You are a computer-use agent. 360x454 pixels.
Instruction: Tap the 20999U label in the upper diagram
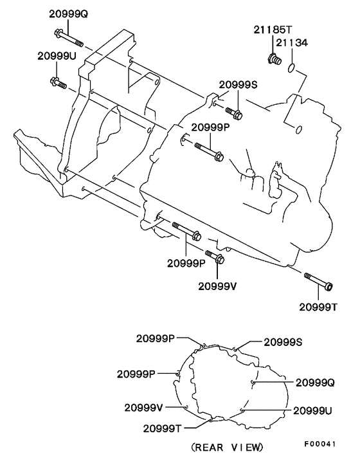click(57, 57)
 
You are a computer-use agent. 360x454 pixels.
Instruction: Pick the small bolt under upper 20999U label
click(58, 82)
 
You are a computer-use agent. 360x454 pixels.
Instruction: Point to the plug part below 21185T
click(272, 60)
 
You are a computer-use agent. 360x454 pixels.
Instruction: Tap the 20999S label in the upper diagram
click(238, 84)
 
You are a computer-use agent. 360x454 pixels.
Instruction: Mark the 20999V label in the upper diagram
click(217, 285)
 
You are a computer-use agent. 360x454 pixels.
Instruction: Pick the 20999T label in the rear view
click(162, 428)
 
